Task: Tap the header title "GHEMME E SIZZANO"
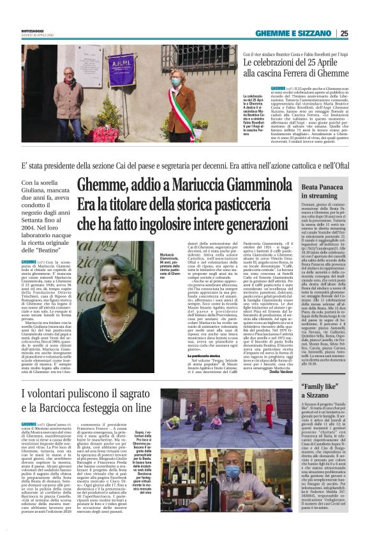(303, 33)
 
